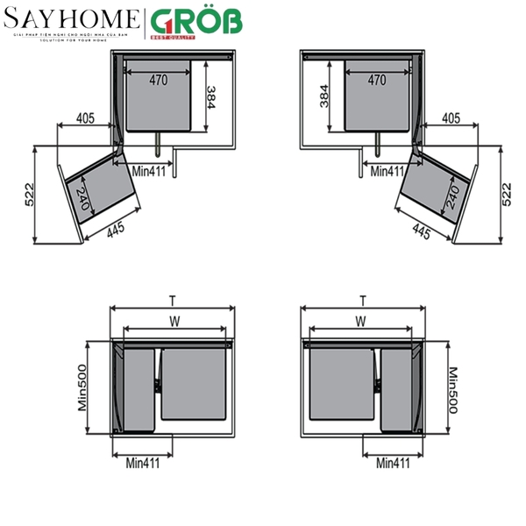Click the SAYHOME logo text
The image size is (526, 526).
click(x=72, y=19)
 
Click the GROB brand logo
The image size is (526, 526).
click(x=195, y=21)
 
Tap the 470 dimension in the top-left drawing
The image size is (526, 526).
click(x=158, y=80)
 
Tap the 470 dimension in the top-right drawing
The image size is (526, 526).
click(x=377, y=80)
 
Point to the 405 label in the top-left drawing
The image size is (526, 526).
click(x=85, y=117)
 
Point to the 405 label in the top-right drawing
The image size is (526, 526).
click(x=451, y=117)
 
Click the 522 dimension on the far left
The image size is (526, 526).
click(x=30, y=195)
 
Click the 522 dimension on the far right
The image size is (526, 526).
click(x=506, y=194)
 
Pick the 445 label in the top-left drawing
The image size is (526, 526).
click(x=117, y=229)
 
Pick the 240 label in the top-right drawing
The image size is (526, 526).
click(x=453, y=196)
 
